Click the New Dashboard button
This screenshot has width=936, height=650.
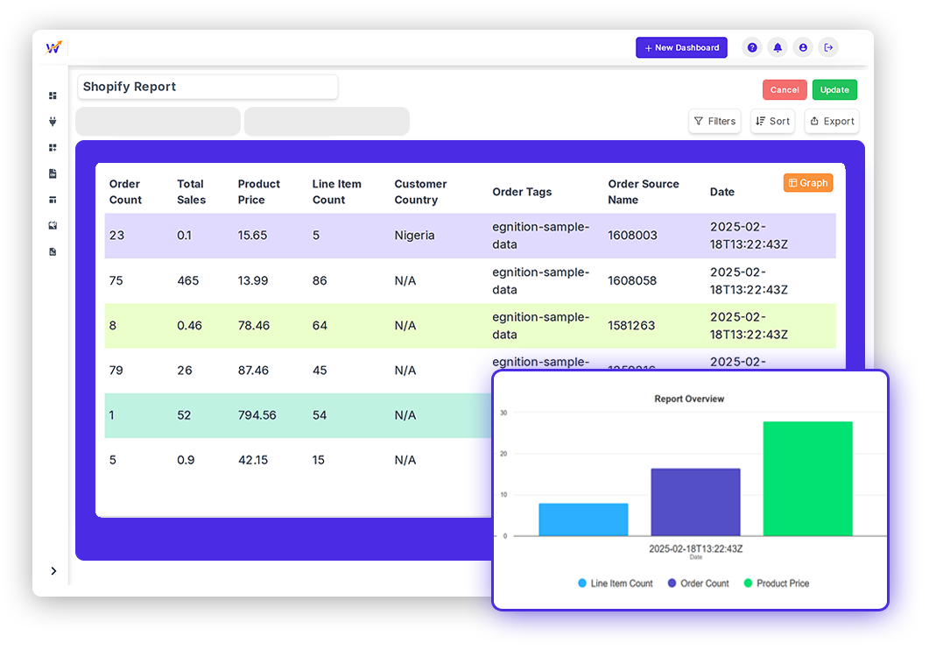pos(681,47)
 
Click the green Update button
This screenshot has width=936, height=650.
pos(834,89)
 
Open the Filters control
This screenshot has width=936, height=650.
pos(714,121)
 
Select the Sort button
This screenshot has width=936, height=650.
pos(772,121)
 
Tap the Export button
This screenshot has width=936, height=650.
pos(831,121)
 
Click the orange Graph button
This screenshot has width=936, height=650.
pos(807,183)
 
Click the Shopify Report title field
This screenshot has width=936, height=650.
pos(208,87)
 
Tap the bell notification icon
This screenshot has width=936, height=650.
pos(778,47)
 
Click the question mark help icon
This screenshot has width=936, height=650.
pos(752,47)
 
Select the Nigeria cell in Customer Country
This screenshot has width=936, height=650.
pos(414,236)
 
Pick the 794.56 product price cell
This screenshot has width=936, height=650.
pos(257,415)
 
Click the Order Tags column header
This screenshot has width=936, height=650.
pos(522,192)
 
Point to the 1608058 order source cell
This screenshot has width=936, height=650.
pos(632,281)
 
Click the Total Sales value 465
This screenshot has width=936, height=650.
pos(187,281)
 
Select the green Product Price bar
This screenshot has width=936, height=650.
pos(807,478)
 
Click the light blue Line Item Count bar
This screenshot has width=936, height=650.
pos(583,519)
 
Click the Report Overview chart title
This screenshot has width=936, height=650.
pos(689,399)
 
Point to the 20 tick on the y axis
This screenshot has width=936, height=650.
pos(503,454)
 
